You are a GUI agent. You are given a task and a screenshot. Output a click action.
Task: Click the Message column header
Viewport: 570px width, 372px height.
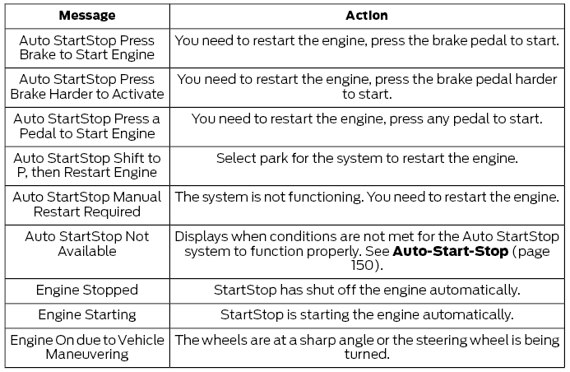[x=86, y=16]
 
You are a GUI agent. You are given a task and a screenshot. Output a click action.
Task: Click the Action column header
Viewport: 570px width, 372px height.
[x=367, y=16]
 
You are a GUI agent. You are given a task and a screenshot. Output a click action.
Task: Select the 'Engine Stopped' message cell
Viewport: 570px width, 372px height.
[x=86, y=290]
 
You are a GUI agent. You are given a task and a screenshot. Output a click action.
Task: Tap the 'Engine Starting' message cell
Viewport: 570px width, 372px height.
[x=86, y=314]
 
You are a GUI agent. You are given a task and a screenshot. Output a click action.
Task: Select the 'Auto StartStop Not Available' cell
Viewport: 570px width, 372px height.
[x=86, y=244]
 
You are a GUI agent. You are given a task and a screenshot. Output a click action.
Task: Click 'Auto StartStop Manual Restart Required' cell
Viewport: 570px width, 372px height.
[x=86, y=205]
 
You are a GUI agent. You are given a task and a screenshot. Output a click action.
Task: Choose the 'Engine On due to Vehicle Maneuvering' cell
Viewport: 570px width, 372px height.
[x=86, y=346]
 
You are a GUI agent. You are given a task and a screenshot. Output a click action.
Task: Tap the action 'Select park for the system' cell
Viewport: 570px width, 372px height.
[x=367, y=157]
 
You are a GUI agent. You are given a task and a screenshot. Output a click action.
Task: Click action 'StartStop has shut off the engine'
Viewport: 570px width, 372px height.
[x=367, y=290]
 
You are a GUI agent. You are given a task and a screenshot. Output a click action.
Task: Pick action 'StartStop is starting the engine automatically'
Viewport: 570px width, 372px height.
[x=367, y=314]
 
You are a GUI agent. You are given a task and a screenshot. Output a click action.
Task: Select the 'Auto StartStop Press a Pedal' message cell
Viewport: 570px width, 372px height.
[x=86, y=126]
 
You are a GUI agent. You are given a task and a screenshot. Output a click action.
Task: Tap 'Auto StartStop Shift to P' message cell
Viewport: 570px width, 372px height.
[x=86, y=165]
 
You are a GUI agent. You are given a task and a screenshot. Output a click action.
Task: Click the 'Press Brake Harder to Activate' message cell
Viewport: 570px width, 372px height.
[x=86, y=87]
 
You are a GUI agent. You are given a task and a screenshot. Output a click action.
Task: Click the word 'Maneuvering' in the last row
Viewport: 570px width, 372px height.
[x=86, y=355]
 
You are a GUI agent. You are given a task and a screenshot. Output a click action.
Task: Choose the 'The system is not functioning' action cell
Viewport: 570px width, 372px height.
[x=367, y=197]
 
